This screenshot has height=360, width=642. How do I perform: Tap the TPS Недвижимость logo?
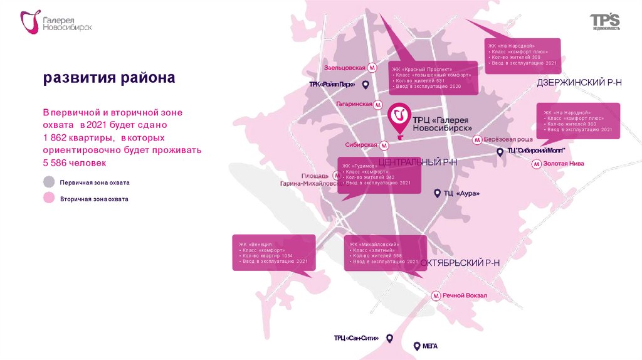(604, 23)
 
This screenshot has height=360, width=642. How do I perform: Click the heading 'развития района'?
(109, 78)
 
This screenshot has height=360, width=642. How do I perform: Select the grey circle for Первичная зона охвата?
(49, 183)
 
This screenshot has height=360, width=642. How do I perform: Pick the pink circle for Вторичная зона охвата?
(49, 199)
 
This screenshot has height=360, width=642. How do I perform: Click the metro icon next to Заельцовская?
(372, 68)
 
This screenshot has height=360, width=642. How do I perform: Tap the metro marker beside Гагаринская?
(379, 104)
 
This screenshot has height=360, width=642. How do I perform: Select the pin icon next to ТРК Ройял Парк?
(366, 85)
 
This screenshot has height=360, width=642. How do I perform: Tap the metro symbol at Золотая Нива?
(537, 164)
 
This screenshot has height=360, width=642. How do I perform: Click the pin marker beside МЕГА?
(416, 346)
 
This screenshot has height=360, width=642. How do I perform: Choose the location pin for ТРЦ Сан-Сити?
(389, 338)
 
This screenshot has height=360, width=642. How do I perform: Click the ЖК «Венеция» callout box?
(273, 252)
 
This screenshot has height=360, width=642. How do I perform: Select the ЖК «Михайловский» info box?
(385, 253)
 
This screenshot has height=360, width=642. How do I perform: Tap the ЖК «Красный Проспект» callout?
(433, 77)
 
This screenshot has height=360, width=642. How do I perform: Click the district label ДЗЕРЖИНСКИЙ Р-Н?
(579, 83)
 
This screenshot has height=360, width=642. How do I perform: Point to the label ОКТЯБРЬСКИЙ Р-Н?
(460, 262)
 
